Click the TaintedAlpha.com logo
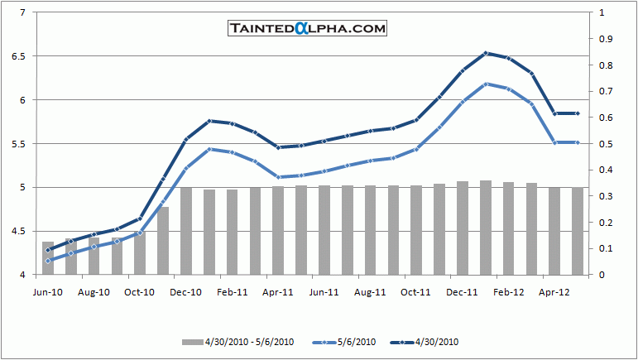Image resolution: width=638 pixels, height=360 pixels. (308, 28)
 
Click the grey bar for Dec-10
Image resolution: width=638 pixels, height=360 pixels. (186, 231)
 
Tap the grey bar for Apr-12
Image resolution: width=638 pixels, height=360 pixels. (554, 231)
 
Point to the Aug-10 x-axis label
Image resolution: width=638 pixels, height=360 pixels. (94, 291)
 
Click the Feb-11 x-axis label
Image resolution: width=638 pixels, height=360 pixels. (233, 291)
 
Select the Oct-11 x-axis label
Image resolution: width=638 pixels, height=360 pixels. (415, 291)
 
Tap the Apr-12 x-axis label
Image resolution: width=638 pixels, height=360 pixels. (554, 291)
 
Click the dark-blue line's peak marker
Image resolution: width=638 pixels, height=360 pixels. (486, 53)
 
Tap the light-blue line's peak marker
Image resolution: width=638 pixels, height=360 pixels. (486, 84)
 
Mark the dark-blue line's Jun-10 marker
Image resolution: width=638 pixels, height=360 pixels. (48, 250)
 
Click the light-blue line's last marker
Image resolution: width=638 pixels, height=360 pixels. (577, 143)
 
